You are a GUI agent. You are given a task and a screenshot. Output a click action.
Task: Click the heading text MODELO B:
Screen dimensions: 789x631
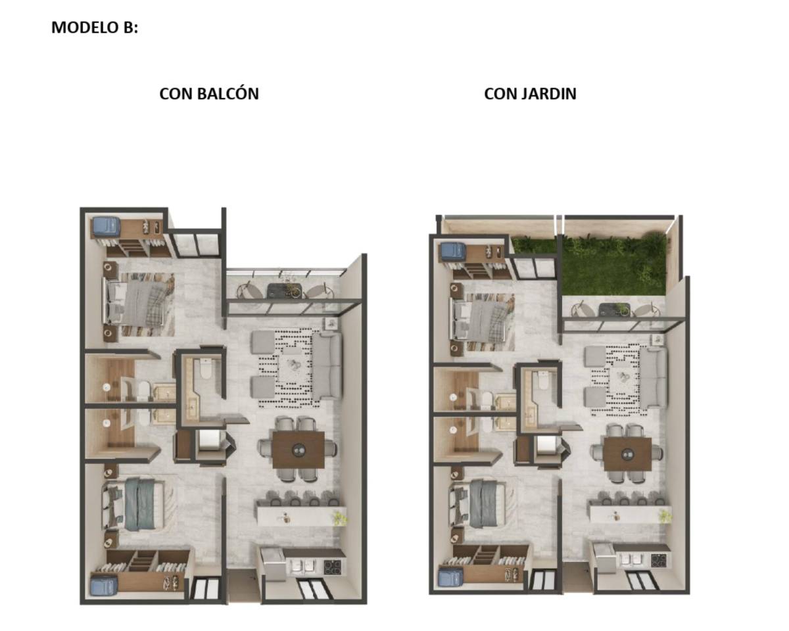pos(95,28)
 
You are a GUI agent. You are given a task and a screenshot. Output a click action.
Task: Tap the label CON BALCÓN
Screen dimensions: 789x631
pos(209,94)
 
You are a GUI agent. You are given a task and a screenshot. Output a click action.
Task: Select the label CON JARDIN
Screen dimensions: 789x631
pos(530,94)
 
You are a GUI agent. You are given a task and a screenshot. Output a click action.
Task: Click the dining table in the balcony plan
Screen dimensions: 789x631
pos(298,450)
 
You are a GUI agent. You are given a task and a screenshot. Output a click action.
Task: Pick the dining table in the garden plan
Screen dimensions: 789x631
pos(628,454)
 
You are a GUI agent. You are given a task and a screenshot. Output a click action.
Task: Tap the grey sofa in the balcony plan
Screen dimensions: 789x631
pos(326,366)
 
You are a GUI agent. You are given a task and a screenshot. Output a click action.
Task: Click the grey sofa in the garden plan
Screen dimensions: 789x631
pos(654,378)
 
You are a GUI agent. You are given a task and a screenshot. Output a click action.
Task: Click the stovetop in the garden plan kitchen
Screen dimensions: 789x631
pos(660,560)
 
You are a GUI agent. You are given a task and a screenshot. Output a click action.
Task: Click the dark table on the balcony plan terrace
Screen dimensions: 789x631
pos(285,290)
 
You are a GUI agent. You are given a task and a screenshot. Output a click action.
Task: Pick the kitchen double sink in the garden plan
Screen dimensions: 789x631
pos(633,560)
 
